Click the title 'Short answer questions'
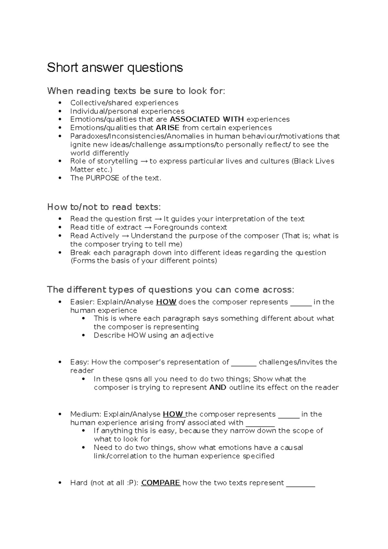coord(115,68)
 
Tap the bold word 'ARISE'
coord(167,128)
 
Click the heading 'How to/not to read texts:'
coord(104,207)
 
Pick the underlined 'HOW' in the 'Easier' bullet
coord(166,302)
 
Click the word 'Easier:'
coord(82,302)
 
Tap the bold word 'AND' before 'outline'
coord(218,387)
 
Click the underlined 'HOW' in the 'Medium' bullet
coord(174,414)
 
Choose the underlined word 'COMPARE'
coord(161,483)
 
